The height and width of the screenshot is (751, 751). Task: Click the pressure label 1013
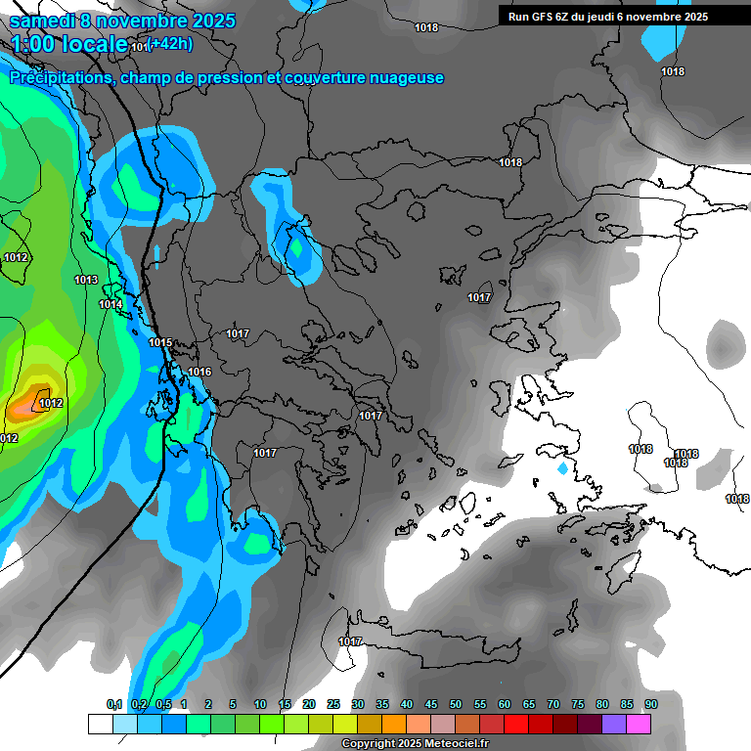[x=86, y=281]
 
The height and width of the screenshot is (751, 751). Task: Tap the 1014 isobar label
[x=110, y=305]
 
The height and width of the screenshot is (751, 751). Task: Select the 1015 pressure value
[x=160, y=342]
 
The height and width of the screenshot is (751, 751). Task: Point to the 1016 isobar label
[x=199, y=372]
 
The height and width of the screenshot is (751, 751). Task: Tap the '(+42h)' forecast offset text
[x=169, y=43]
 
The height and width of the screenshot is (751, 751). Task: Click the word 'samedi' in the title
[x=43, y=21]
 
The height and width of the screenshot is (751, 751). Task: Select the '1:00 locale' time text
[x=69, y=44]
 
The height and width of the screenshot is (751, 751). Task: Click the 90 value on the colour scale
[x=651, y=704]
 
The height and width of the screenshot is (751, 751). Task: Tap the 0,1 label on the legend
[x=114, y=704]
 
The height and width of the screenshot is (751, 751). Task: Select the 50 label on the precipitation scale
[x=456, y=704]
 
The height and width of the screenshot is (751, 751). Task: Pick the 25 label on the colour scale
[x=333, y=704]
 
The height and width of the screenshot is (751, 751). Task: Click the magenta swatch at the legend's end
[x=639, y=724]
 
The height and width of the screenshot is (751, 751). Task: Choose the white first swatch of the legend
[x=100, y=724]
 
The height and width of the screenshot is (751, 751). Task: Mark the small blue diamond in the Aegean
[x=562, y=469]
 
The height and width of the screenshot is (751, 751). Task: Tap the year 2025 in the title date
[x=207, y=21]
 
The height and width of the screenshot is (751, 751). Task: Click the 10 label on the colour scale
[x=260, y=704]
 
